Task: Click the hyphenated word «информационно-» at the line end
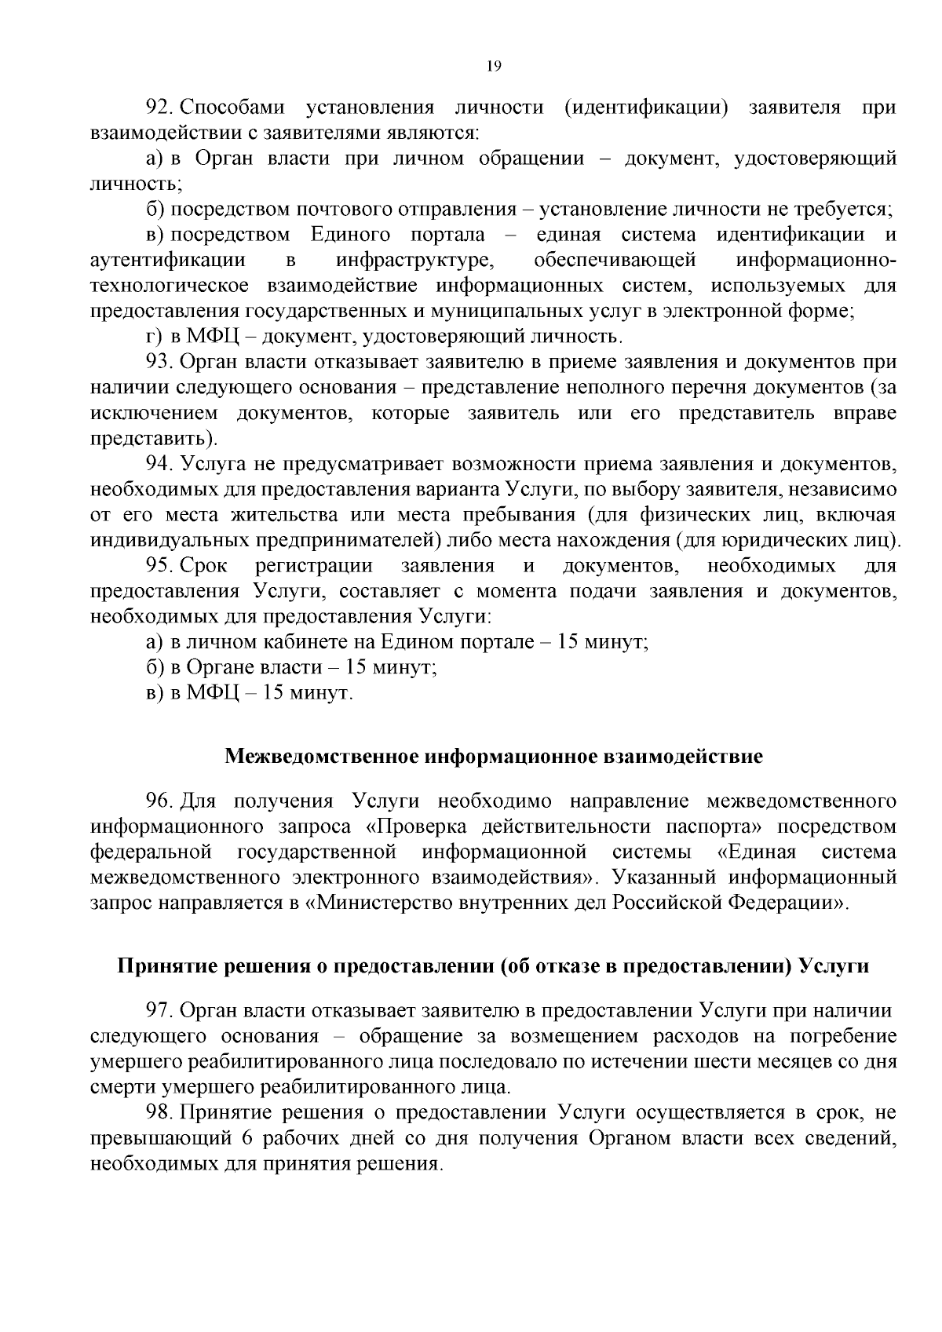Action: click(816, 260)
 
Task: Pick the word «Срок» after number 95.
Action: click(204, 566)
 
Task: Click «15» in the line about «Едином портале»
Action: click(571, 642)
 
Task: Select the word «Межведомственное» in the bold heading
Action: click(321, 757)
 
